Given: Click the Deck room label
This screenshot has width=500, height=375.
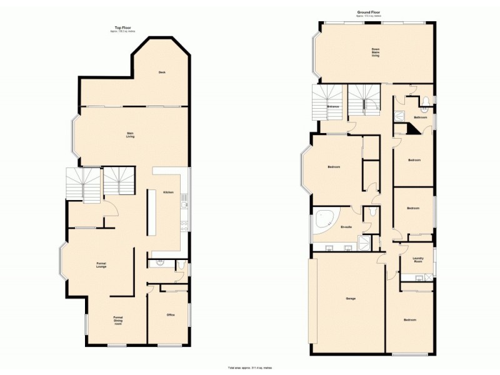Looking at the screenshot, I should point(161,72).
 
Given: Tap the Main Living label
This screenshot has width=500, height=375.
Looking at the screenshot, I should point(131,134).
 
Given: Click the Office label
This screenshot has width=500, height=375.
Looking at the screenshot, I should point(170,315).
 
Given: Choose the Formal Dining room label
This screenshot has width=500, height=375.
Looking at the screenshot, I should point(117,321).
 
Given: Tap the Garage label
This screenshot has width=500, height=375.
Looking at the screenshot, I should point(351,298).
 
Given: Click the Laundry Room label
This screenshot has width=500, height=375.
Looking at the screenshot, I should point(418,259).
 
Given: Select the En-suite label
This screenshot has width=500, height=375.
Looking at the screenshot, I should point(345,227).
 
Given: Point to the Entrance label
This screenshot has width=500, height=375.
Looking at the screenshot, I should point(333,107).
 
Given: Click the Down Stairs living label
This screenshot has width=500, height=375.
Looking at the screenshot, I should point(376,52).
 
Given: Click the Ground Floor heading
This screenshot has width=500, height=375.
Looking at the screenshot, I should point(369,11).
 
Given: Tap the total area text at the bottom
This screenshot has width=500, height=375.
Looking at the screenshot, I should point(249,367).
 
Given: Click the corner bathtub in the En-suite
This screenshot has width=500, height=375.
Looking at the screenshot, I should point(324,221).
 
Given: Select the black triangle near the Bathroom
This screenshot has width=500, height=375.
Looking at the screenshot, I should point(412,129).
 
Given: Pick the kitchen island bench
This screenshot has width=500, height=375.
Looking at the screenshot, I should point(151,212).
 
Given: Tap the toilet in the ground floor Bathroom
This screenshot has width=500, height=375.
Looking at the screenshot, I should point(425,101).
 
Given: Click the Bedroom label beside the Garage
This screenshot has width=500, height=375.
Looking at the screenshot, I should point(409,320).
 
